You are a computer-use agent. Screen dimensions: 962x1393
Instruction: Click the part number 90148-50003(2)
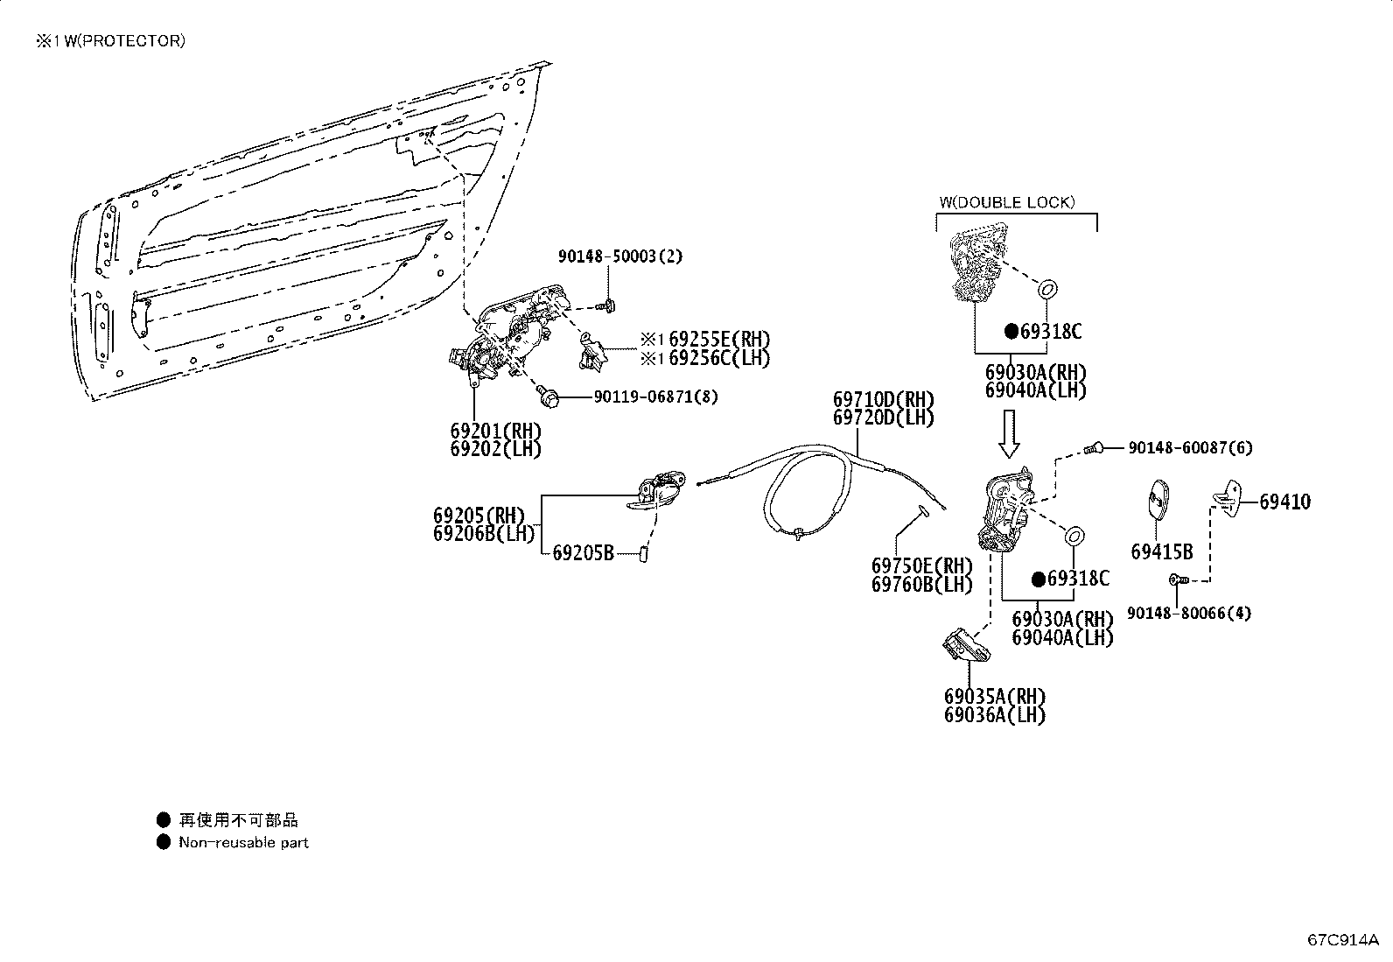click(620, 256)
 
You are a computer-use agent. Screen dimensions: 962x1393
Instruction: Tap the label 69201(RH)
click(495, 432)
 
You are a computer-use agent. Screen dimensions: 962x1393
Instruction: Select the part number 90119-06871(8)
click(655, 397)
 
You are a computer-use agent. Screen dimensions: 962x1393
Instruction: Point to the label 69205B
click(583, 552)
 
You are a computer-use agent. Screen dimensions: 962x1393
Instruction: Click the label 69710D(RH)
click(883, 401)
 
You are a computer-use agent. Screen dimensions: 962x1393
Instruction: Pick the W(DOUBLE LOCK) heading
click(1006, 202)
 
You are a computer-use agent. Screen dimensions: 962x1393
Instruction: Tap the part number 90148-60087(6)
click(1190, 448)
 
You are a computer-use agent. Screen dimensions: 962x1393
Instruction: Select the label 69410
click(1284, 502)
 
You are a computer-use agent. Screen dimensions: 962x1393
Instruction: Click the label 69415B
click(1161, 551)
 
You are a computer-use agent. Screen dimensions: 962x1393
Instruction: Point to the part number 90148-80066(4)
click(1188, 613)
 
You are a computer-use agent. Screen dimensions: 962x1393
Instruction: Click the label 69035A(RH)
click(994, 697)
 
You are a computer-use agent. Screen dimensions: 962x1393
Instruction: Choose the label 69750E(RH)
click(921, 566)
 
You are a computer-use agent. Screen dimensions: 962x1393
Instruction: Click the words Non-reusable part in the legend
click(243, 843)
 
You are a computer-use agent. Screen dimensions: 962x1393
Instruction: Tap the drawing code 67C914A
click(1342, 940)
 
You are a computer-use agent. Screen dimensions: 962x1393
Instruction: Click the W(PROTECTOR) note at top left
click(110, 41)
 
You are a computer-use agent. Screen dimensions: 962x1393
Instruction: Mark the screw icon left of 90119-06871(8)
click(549, 397)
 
